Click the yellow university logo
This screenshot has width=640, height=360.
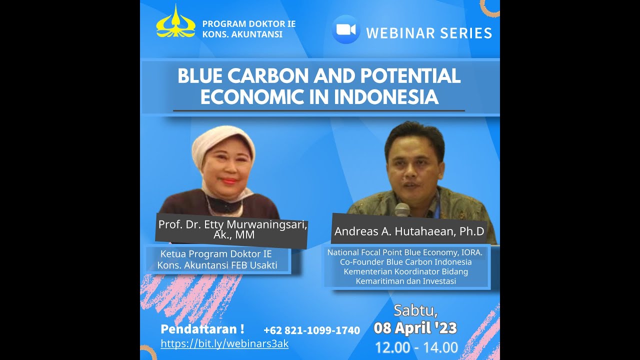click(x=175, y=22)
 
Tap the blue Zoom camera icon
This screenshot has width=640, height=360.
click(x=345, y=29)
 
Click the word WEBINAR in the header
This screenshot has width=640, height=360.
click(x=394, y=33)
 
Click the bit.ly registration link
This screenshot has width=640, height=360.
click(x=224, y=343)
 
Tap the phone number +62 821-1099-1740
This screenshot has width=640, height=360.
click(x=311, y=330)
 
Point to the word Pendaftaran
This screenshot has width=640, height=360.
click(x=198, y=329)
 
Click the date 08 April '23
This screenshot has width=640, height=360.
click(x=415, y=328)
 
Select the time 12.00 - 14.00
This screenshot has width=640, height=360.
click(x=416, y=347)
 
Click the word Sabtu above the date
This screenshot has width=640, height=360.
click(x=415, y=310)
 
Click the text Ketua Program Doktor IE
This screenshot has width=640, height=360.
click(x=216, y=254)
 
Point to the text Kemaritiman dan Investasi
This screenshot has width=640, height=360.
click(x=405, y=281)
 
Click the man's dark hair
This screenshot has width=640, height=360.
click(x=414, y=132)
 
